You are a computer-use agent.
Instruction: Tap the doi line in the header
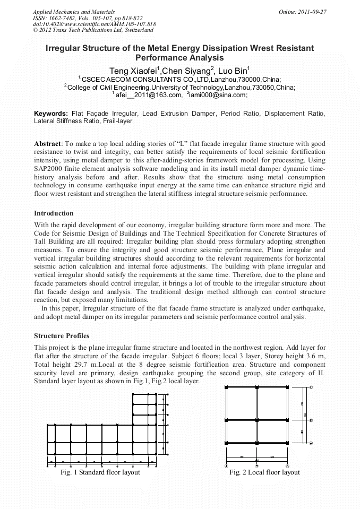pyautogui.click(x=95, y=24)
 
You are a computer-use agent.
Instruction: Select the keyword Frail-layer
pyautogui.click(x=117, y=121)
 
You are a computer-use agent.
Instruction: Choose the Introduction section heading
pyautogui.click(x=54, y=213)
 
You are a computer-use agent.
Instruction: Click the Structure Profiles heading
pyautogui.click(x=62, y=336)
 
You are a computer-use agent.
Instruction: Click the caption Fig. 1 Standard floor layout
pyautogui.click(x=100, y=472)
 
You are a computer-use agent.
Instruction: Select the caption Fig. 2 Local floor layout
pyautogui.click(x=264, y=472)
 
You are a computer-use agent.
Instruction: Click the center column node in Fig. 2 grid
pyautogui.click(x=257, y=420)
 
